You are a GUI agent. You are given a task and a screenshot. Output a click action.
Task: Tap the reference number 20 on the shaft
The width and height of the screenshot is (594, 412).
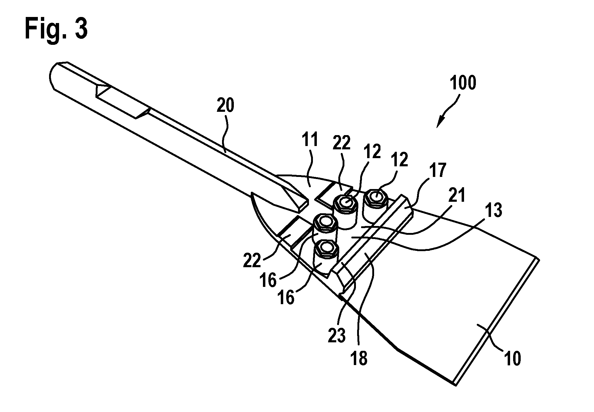225,106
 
